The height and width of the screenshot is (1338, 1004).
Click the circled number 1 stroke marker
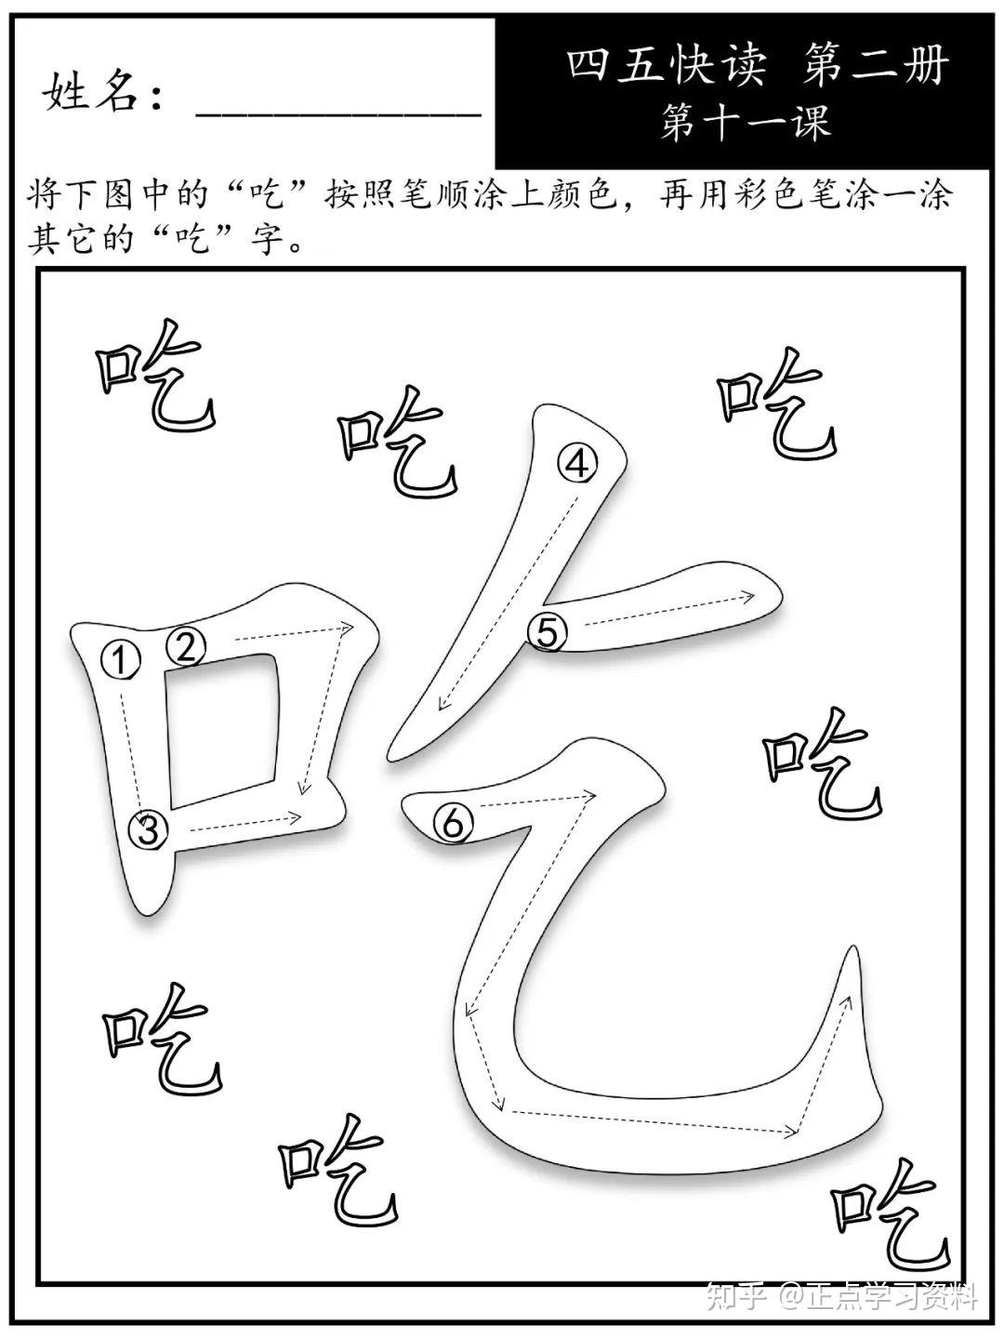(119, 661)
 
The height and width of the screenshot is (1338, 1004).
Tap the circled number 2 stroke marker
(186, 644)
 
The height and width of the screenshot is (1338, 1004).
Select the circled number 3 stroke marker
(150, 828)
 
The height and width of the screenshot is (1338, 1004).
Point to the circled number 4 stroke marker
(577, 463)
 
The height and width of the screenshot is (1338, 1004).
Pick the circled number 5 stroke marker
(547, 632)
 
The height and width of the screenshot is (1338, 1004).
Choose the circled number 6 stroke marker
(453, 822)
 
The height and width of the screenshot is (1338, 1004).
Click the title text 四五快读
(667, 68)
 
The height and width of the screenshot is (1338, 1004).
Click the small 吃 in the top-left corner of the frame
(156, 378)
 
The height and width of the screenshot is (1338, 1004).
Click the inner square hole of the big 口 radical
(221, 730)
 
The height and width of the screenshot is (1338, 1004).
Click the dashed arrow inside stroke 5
(665, 609)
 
